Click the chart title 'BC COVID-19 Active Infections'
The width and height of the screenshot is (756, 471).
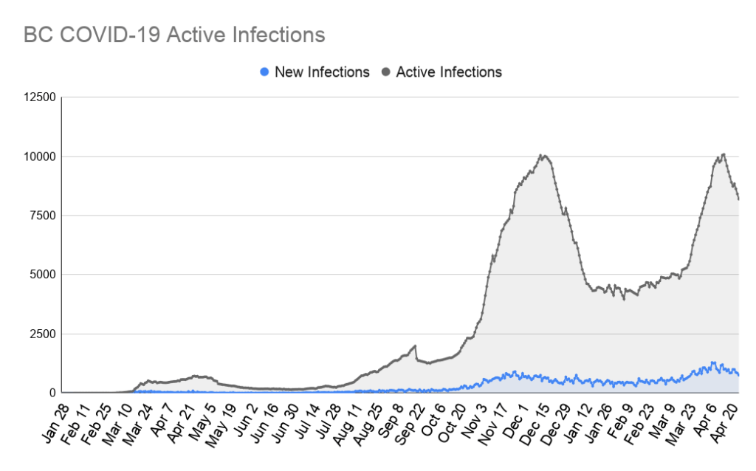[173, 35]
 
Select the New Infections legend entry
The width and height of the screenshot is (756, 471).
[321, 72]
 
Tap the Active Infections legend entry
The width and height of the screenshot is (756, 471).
[449, 72]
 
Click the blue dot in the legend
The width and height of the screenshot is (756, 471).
[264, 72]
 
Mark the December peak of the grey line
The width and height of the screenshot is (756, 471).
[542, 155]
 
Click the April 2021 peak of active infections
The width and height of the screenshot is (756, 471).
[724, 154]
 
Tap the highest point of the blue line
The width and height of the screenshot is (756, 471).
[713, 362]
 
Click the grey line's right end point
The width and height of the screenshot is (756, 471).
[739, 199]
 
